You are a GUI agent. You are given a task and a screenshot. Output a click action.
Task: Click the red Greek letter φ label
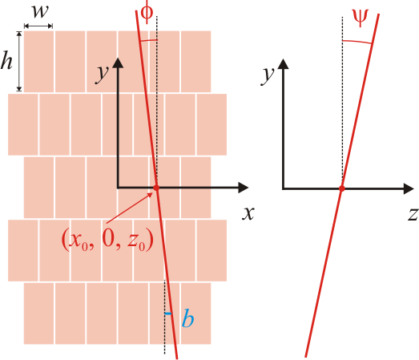pyautogui.click(x=147, y=13)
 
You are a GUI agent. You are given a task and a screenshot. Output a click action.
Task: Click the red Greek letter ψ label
pyautogui.click(x=361, y=18)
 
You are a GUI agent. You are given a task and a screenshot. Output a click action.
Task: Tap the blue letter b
pyautogui.click(x=187, y=318)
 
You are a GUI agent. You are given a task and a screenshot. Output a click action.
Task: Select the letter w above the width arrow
pyautogui.click(x=40, y=12)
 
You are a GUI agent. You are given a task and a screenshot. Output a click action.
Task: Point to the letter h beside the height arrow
pyautogui.click(x=6, y=61)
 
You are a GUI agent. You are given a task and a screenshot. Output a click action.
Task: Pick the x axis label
pyautogui.click(x=248, y=214)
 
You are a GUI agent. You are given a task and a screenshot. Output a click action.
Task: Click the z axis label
pyautogui.click(x=413, y=215)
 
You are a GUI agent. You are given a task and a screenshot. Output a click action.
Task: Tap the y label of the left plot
pyautogui.click(x=102, y=74)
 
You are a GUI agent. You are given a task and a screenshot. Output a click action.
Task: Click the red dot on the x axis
pyautogui.click(x=156, y=188)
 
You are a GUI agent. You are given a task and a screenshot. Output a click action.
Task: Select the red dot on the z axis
pyautogui.click(x=342, y=188)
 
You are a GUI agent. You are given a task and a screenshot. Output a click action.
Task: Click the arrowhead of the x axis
pyautogui.click(x=244, y=188)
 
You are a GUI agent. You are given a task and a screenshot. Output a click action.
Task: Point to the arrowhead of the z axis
pyautogui.click(x=409, y=189)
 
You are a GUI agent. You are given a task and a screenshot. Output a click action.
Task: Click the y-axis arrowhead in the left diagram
pyautogui.click(x=118, y=63)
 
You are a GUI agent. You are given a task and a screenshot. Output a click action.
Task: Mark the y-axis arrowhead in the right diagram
pyautogui.click(x=284, y=64)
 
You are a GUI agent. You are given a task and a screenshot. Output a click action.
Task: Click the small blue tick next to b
pyautogui.click(x=168, y=313)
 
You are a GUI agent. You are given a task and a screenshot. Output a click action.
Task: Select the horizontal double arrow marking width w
pyautogui.click(x=38, y=26)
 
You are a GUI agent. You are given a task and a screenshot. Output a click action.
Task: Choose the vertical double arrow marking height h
pyautogui.click(x=19, y=61)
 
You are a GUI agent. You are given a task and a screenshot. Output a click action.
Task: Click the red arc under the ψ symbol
pyautogui.click(x=357, y=42)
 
